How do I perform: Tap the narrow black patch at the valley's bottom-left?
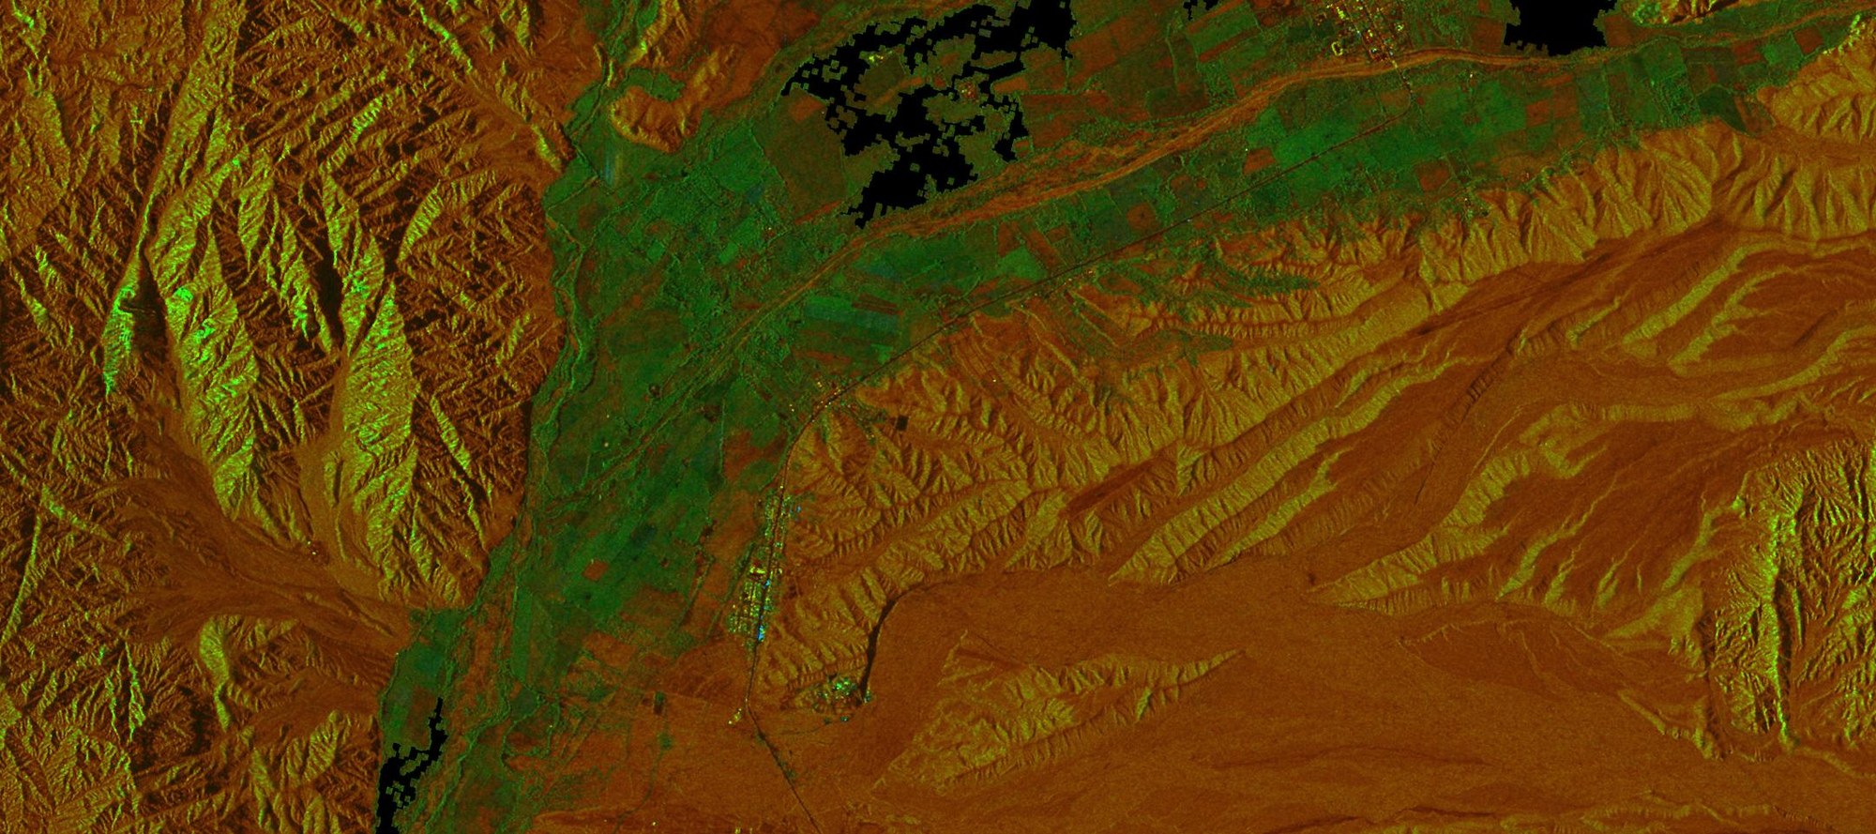[x=413, y=769]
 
